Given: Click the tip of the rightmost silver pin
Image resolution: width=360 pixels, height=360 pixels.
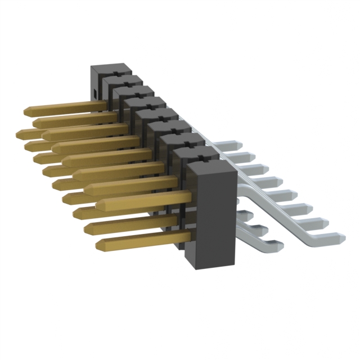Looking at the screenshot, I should coord(342,237).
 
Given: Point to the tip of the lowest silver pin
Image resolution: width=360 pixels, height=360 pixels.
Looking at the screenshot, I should coord(280,246).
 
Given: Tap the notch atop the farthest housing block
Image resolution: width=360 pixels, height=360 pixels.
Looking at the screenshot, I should coord(112,71).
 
